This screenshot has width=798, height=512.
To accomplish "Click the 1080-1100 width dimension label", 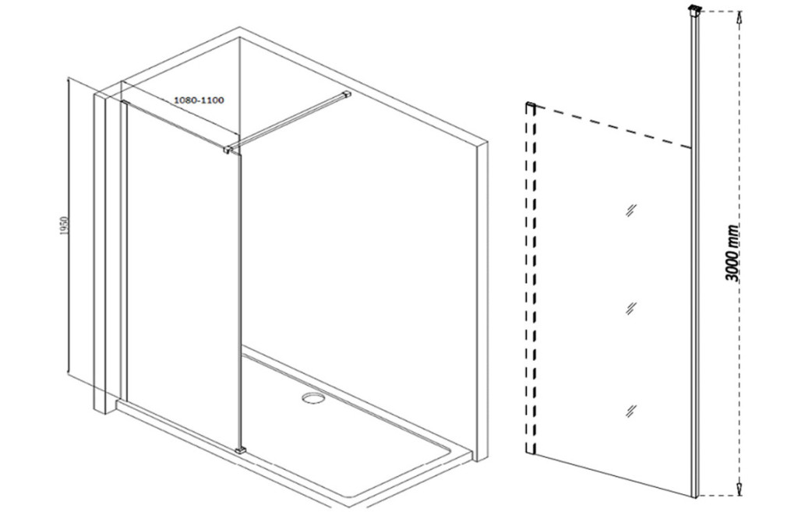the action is pyautogui.click(x=199, y=101).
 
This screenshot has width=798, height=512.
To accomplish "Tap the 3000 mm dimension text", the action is pyautogui.click(x=733, y=253).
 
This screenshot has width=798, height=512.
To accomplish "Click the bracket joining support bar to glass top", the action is pyautogui.click(x=230, y=149).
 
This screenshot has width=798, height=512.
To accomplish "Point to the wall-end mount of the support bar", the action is pyautogui.click(x=347, y=94).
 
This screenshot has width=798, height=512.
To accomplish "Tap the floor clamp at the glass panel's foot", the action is pyautogui.click(x=241, y=450).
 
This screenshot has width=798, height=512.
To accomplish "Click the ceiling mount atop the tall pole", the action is pyautogui.click(x=694, y=9).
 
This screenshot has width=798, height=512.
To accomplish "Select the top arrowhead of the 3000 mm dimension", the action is pyautogui.click(x=740, y=19).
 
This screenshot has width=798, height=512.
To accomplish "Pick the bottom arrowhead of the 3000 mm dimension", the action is pyautogui.click(x=740, y=489).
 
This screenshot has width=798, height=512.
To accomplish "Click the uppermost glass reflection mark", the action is pyautogui.click(x=631, y=210).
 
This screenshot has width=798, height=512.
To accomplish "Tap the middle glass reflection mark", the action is pyautogui.click(x=631, y=308).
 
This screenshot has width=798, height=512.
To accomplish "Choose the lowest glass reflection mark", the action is pyautogui.click(x=631, y=410).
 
